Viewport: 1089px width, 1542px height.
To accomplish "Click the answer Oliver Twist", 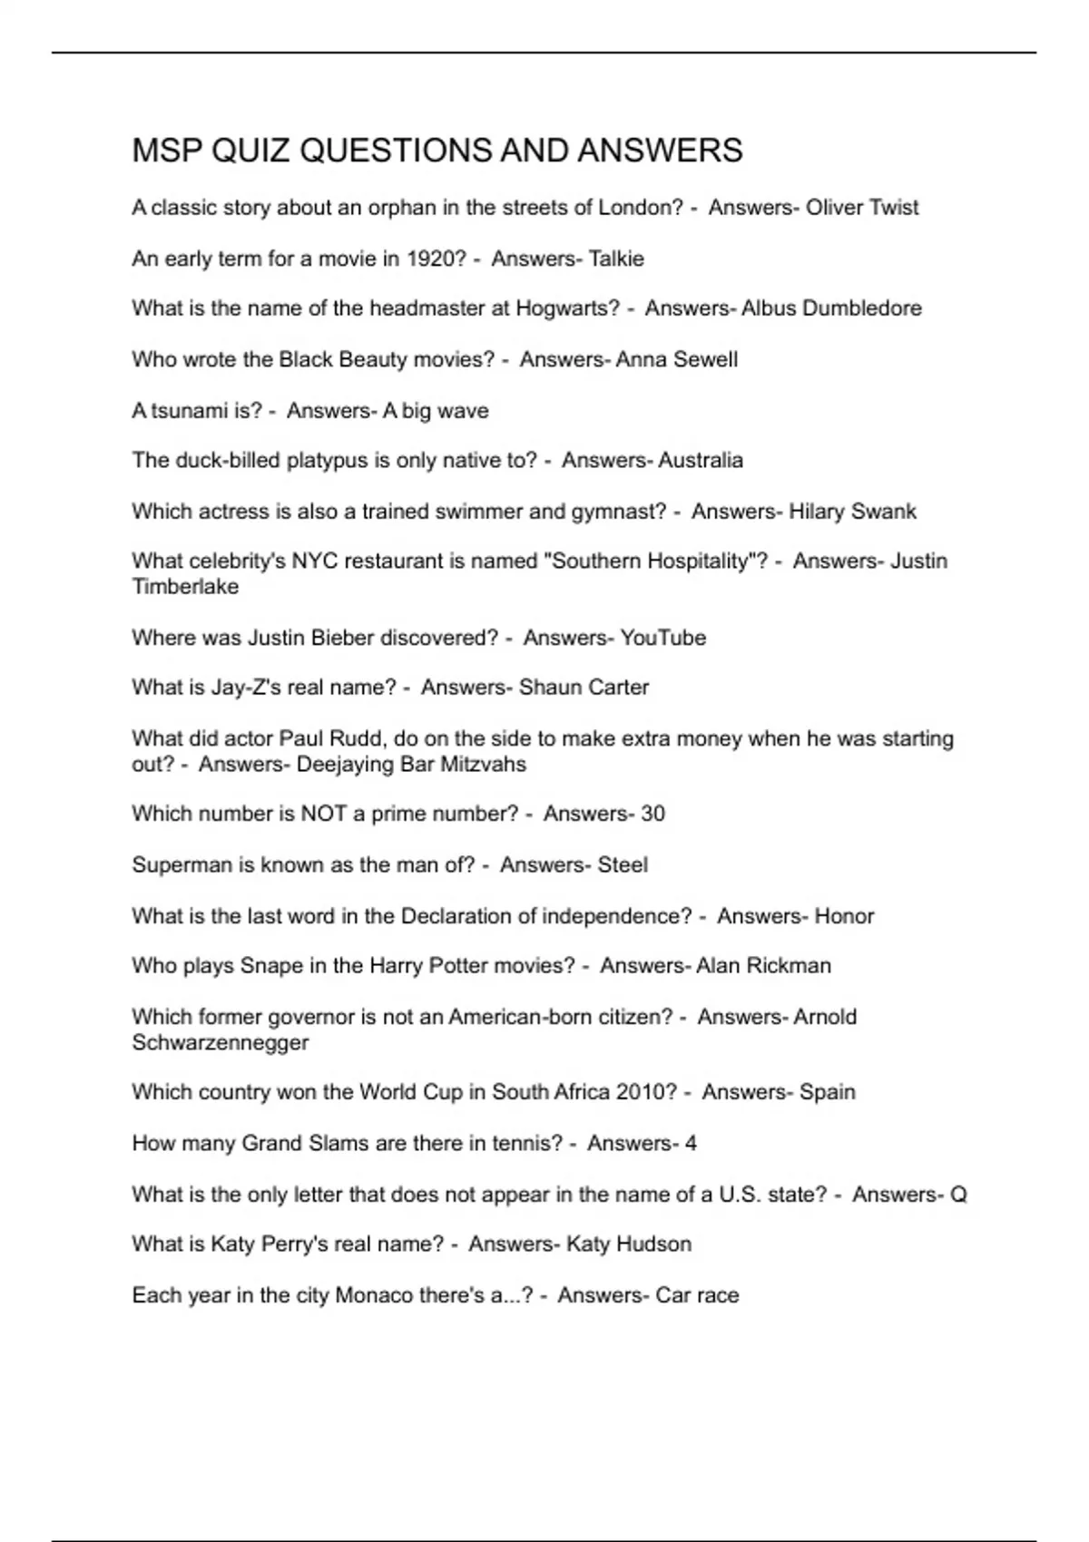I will [x=862, y=208].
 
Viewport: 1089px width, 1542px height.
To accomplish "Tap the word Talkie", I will [x=616, y=259].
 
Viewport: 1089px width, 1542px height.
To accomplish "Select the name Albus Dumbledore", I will [x=831, y=308].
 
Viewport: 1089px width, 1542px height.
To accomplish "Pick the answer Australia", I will [x=700, y=461].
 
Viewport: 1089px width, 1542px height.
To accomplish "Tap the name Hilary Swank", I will [x=852, y=512].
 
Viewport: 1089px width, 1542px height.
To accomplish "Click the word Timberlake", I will [x=185, y=587].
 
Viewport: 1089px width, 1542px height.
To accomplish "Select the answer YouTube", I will [x=662, y=638].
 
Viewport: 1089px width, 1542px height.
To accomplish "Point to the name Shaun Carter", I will [x=584, y=688].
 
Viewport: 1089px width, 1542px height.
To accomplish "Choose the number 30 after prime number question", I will [x=652, y=814].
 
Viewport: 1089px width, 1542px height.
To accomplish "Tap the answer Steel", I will [x=622, y=864].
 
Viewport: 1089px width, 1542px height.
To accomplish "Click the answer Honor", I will [x=844, y=916].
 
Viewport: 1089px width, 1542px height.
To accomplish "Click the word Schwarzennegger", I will [x=220, y=1042].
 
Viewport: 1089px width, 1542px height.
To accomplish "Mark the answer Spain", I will [x=827, y=1092].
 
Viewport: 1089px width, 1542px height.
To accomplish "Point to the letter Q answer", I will [x=958, y=1195].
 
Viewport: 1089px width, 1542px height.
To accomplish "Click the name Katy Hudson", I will [x=628, y=1244].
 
